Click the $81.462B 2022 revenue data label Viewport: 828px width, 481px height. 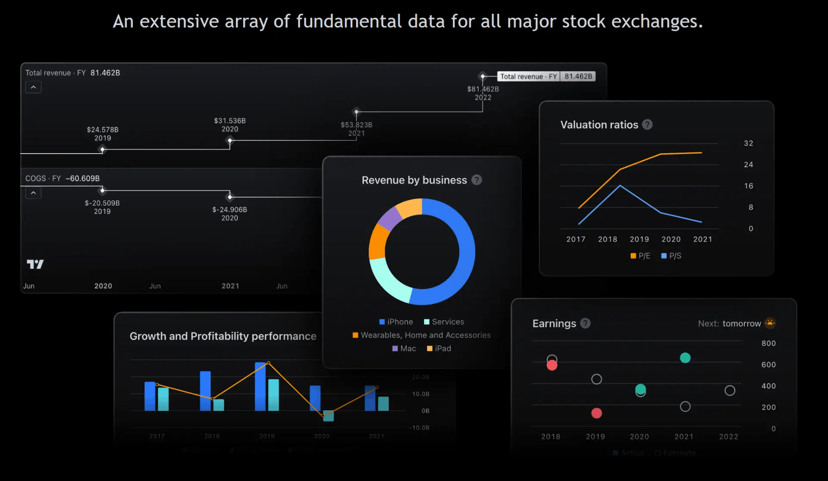coord(483,93)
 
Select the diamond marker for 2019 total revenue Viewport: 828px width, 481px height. coord(102,150)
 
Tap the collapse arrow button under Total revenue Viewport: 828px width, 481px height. coord(33,87)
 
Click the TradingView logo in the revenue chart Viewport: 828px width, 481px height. coord(35,264)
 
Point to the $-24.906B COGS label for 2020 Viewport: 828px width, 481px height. coord(229,214)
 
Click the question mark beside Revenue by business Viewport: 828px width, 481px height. coord(477,180)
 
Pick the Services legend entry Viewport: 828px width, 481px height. coord(444,322)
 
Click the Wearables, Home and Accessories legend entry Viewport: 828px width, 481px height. coord(421,335)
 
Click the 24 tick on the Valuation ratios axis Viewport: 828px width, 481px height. coord(748,165)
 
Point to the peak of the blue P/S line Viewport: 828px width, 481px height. coord(620,185)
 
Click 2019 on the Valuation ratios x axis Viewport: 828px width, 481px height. coord(639,239)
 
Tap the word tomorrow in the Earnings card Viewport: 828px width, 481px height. coord(741,324)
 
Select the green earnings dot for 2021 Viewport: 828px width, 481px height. coord(685,358)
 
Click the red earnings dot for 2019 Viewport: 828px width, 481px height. coord(596,413)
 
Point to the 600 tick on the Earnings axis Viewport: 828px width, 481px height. coord(768,365)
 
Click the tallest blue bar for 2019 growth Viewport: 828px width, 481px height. coord(260,387)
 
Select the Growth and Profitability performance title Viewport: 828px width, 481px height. coord(223,336)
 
